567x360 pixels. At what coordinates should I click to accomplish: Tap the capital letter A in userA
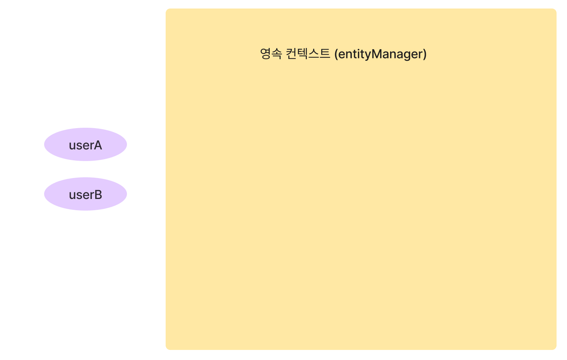pyautogui.click(x=98, y=145)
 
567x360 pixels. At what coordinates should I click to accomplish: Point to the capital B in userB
pyautogui.click(x=98, y=195)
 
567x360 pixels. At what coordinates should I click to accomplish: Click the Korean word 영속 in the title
pyautogui.click(x=271, y=53)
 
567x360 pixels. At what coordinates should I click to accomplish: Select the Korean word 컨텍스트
pyautogui.click(x=308, y=53)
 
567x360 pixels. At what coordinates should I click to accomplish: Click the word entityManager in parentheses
pyautogui.click(x=380, y=54)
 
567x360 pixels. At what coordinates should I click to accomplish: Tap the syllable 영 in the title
pyautogui.click(x=266, y=53)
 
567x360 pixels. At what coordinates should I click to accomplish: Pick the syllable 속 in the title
pyautogui.click(x=277, y=53)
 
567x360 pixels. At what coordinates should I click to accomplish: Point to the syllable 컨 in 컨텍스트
pyautogui.click(x=291, y=53)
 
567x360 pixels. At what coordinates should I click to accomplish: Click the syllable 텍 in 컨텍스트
pyautogui.click(x=302, y=53)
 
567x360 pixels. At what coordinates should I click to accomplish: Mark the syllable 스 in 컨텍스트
pyautogui.click(x=313, y=53)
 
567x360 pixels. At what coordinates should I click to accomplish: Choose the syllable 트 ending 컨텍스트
pyautogui.click(x=325, y=53)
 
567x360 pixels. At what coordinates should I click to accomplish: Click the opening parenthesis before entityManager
pyautogui.click(x=336, y=54)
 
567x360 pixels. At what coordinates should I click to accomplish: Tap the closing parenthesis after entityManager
pyautogui.click(x=425, y=54)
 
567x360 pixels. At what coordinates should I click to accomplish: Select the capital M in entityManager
pyautogui.click(x=376, y=53)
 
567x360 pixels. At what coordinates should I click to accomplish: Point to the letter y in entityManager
pyautogui.click(x=367, y=55)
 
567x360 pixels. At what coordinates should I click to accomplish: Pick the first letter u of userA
pyautogui.click(x=72, y=146)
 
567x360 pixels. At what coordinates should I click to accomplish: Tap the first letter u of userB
pyautogui.click(x=72, y=195)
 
